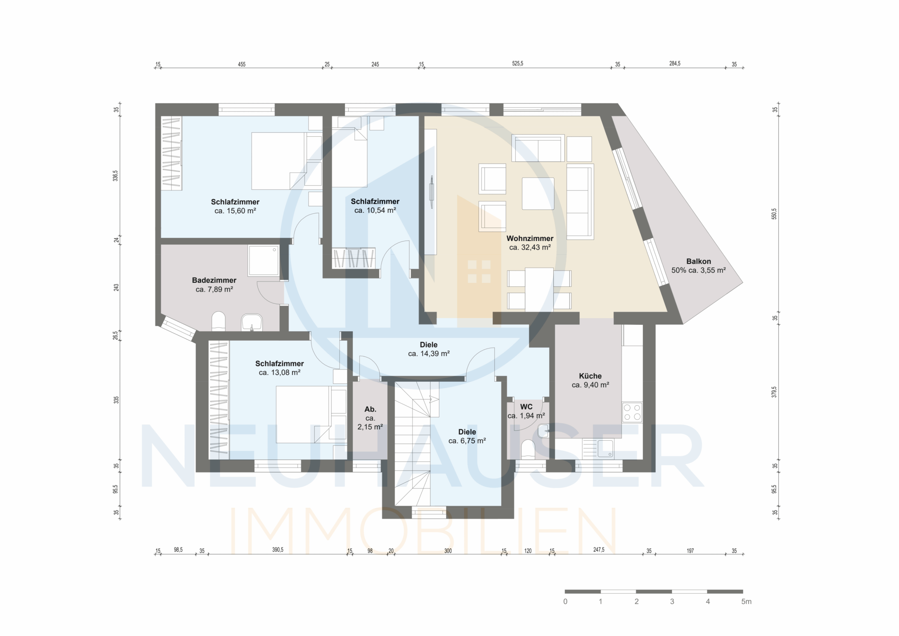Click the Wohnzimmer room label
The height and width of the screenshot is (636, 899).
click(x=530, y=238)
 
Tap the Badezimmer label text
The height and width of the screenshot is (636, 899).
click(x=214, y=280)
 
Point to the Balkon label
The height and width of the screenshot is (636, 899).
click(x=698, y=261)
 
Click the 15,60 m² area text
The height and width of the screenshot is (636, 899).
click(x=235, y=211)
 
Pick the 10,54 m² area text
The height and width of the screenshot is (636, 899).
click(x=375, y=210)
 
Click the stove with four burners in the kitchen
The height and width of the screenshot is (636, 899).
click(x=632, y=412)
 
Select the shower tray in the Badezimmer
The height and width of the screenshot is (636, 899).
click(x=263, y=261)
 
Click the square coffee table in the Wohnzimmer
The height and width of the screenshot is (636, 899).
click(x=538, y=194)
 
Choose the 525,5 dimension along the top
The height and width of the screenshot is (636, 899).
click(x=518, y=64)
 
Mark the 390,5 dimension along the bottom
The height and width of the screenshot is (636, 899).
click(x=278, y=550)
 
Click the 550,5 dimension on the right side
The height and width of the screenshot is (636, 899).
click(x=774, y=214)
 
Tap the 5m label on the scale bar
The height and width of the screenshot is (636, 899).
click(x=746, y=602)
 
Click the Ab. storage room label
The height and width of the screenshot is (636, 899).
click(x=370, y=409)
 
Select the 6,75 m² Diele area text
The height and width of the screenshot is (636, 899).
click(x=467, y=441)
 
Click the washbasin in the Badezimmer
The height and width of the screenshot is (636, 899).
click(x=252, y=322)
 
